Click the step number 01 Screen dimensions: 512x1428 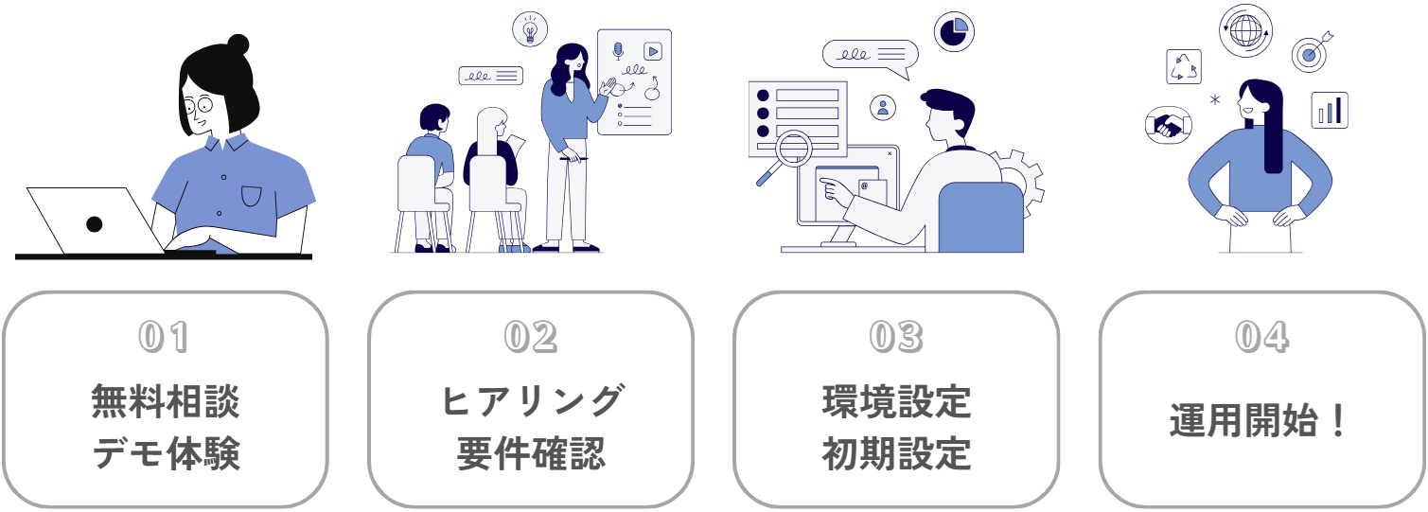tap(165, 338)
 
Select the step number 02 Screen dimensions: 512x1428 tap(530, 338)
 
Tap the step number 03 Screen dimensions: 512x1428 tap(895, 338)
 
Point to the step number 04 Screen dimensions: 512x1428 tap(1261, 338)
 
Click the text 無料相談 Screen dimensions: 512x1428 tap(166, 401)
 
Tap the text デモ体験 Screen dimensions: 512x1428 tap(166, 454)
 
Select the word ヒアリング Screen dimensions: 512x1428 tap(531, 401)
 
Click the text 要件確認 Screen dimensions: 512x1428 tap(531, 454)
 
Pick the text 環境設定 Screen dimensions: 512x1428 tap(896, 401)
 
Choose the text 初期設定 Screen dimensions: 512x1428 tap(896, 454)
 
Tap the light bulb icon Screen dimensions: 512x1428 tap(530, 29)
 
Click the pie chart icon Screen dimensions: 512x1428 tap(955, 30)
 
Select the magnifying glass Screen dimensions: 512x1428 tap(790, 152)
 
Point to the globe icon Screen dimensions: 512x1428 tap(1245, 31)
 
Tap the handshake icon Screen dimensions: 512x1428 tap(1168, 124)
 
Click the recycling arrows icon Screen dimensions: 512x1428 tap(1183, 67)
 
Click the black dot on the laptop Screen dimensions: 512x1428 tap(94, 224)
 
